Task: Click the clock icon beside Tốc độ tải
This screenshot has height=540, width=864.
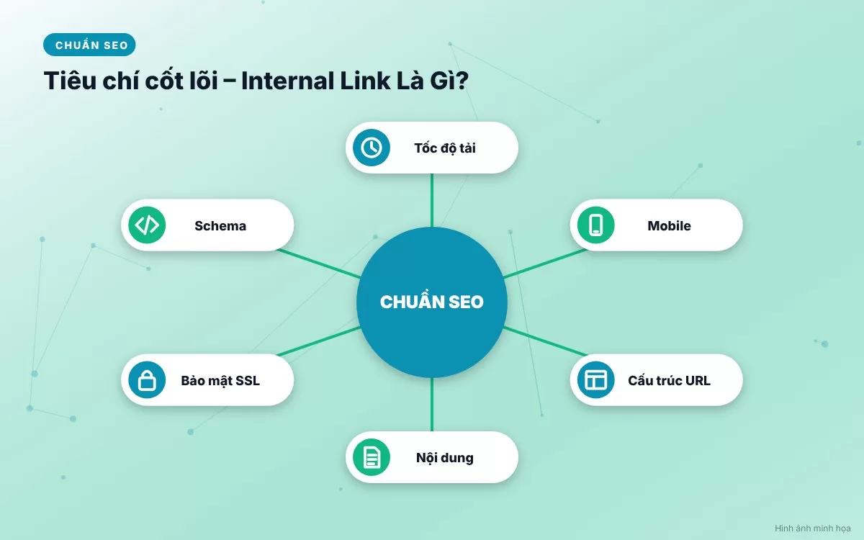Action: [372, 148]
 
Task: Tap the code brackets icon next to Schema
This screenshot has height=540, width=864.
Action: [147, 225]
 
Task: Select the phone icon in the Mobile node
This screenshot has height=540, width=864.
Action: [596, 225]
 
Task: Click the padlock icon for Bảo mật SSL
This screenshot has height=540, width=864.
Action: [147, 380]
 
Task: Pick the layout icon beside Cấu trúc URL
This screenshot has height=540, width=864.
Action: [596, 380]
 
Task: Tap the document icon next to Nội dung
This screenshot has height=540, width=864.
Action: [372, 457]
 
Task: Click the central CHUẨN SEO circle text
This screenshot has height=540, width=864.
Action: [431, 301]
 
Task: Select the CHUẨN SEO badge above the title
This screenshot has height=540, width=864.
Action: [89, 45]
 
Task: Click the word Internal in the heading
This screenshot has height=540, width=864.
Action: [288, 81]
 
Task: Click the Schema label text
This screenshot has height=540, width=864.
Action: [220, 225]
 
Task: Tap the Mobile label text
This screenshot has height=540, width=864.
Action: [669, 225]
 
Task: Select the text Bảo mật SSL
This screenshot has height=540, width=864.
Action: [220, 381]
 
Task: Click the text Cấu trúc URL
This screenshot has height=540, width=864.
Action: [669, 380]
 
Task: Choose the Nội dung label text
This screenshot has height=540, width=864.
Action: [445, 458]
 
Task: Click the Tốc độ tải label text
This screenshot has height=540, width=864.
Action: [445, 148]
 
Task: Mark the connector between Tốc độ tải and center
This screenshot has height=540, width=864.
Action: [431, 200]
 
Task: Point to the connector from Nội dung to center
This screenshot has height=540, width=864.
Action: [431, 404]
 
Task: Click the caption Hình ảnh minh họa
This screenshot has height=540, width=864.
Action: [813, 528]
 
